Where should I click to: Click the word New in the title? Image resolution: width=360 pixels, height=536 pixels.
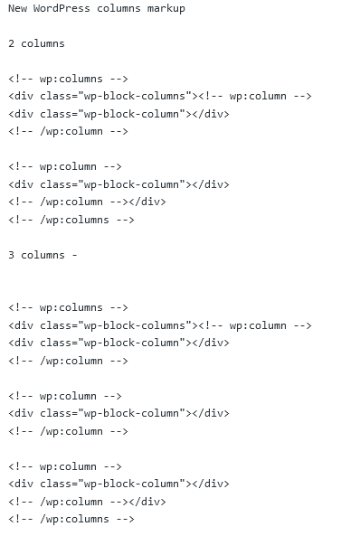(17, 8)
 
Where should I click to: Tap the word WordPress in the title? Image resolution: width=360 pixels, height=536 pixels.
(62, 8)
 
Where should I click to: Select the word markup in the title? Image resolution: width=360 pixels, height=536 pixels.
(163, 8)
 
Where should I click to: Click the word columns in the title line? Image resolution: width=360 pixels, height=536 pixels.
(115, 8)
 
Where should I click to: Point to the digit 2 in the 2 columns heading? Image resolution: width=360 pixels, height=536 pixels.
(12, 43)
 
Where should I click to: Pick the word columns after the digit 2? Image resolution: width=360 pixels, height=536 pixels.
(43, 43)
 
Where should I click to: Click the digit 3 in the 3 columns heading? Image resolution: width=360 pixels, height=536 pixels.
(12, 255)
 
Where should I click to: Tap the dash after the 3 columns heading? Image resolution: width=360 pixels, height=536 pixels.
(74, 255)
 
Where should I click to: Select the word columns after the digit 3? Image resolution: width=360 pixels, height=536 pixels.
(43, 255)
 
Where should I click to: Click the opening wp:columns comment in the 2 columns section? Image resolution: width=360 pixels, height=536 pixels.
(69, 79)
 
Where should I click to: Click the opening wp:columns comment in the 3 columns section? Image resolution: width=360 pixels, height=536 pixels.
(69, 307)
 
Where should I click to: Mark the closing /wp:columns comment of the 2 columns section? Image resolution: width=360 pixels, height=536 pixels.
(71, 220)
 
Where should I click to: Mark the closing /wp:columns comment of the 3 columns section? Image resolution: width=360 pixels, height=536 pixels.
(71, 519)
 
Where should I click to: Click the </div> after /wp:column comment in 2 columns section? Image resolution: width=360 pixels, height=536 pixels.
(147, 202)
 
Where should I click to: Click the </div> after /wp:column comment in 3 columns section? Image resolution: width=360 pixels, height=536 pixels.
(147, 502)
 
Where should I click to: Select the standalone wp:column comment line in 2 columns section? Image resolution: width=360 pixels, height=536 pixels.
(65, 166)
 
